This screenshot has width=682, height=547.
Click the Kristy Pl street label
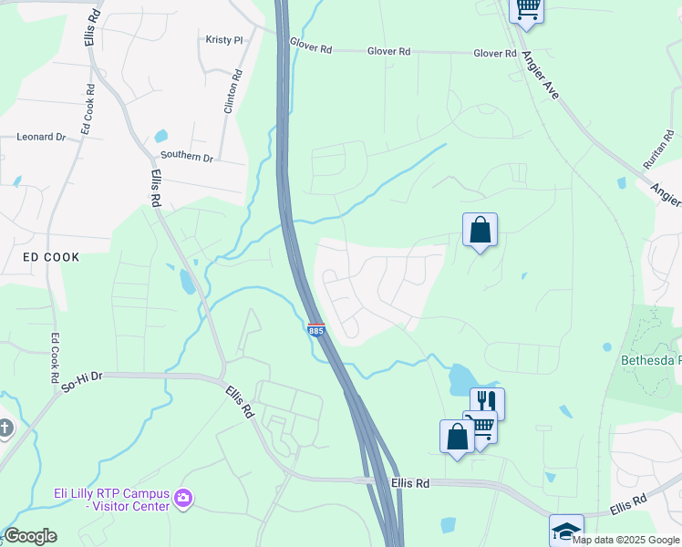click(224, 40)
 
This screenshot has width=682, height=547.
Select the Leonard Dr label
click(41, 137)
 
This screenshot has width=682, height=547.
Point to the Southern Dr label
click(188, 157)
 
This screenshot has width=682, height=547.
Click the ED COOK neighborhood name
click(51, 257)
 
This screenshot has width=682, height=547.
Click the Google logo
click(30, 536)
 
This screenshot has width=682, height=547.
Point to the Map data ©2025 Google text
click(625, 540)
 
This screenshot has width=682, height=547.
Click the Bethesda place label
click(650, 360)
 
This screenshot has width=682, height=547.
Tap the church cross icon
click(5, 427)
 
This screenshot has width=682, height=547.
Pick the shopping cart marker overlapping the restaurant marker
click(480, 424)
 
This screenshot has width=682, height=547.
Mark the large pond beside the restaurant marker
click(463, 377)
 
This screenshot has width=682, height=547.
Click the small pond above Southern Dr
click(161, 137)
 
